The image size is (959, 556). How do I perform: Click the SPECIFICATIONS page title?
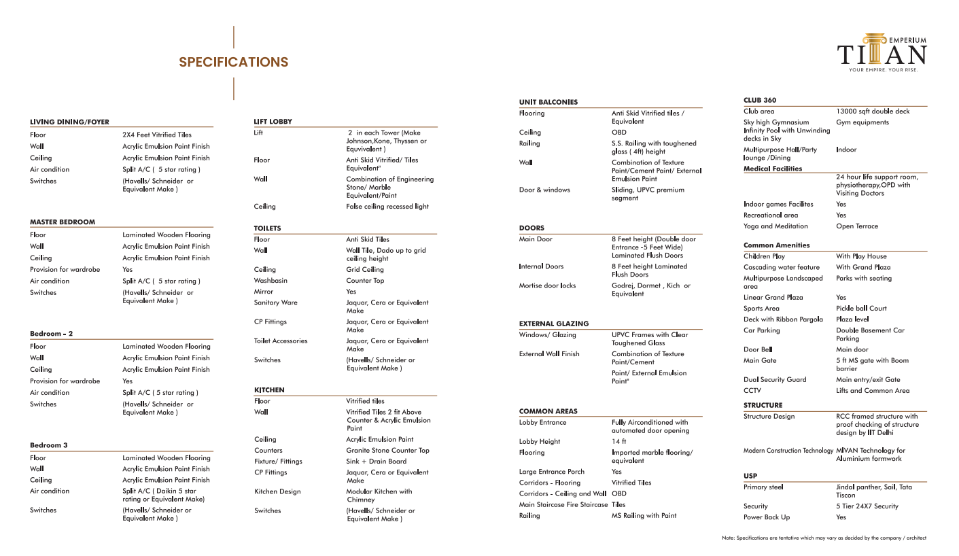pos(233,63)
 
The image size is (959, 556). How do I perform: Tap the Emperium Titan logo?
pos(882,52)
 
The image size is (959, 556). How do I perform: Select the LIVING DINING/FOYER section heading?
pos(69,122)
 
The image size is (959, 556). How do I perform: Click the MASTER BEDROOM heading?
pos(63,222)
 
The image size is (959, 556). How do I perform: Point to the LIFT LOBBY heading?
pos(273,122)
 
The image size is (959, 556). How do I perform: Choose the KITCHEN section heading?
pos(269,390)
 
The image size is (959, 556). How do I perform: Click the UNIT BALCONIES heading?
pos(548,102)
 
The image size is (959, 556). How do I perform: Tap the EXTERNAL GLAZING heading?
pos(554,324)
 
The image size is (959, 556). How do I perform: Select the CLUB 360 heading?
pos(759,100)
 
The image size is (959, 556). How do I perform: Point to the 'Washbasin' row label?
pos(271,280)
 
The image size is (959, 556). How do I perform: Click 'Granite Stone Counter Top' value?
pos(387,451)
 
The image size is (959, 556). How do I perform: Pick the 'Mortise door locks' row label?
pos(547,285)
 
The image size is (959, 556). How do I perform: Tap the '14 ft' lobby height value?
pos(618,441)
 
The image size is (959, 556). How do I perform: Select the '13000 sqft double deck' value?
pos(873,111)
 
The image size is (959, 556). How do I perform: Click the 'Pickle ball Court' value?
pos(861,309)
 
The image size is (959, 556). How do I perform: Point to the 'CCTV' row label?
pos(752,391)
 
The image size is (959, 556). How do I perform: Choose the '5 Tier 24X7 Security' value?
pos(867,506)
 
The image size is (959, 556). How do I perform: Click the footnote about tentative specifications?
pos(824,538)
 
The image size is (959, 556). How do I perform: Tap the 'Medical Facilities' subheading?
pos(773,169)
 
